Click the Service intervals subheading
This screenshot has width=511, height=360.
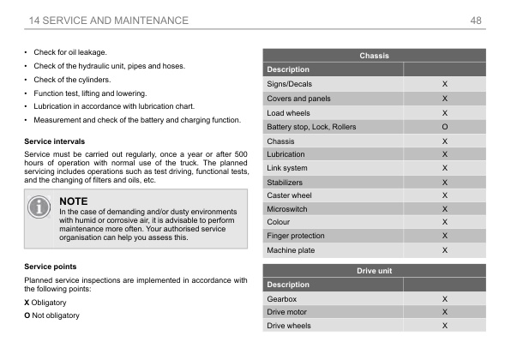click(x=55, y=140)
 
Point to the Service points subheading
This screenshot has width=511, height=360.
click(x=50, y=266)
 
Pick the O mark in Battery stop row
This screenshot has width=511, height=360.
click(x=444, y=127)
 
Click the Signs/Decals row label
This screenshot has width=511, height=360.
click(x=290, y=85)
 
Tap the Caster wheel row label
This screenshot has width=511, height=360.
click(x=289, y=195)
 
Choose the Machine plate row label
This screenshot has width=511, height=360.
click(x=291, y=250)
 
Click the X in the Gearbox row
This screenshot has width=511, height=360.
click(x=444, y=299)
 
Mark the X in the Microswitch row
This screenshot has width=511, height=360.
click(x=444, y=208)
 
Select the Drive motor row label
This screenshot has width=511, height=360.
click(x=287, y=312)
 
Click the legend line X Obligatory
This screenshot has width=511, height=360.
click(x=51, y=303)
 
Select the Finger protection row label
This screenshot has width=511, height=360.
click(x=296, y=236)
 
